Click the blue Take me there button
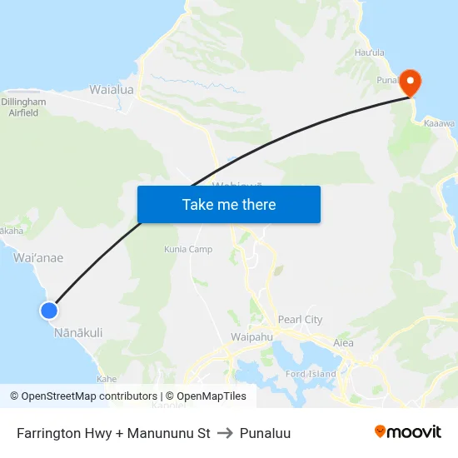click(x=228, y=204)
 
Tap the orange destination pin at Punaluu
click(x=411, y=82)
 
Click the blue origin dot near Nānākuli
click(x=49, y=310)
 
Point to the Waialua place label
click(x=112, y=88)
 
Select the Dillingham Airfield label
click(x=23, y=107)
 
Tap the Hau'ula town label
click(x=370, y=52)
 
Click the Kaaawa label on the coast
click(x=438, y=123)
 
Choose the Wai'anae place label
click(x=38, y=258)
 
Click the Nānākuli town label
click(x=78, y=332)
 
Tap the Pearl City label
click(x=300, y=320)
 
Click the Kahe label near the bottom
click(x=107, y=378)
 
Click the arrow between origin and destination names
click(x=225, y=433)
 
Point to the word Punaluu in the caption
click(x=265, y=433)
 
